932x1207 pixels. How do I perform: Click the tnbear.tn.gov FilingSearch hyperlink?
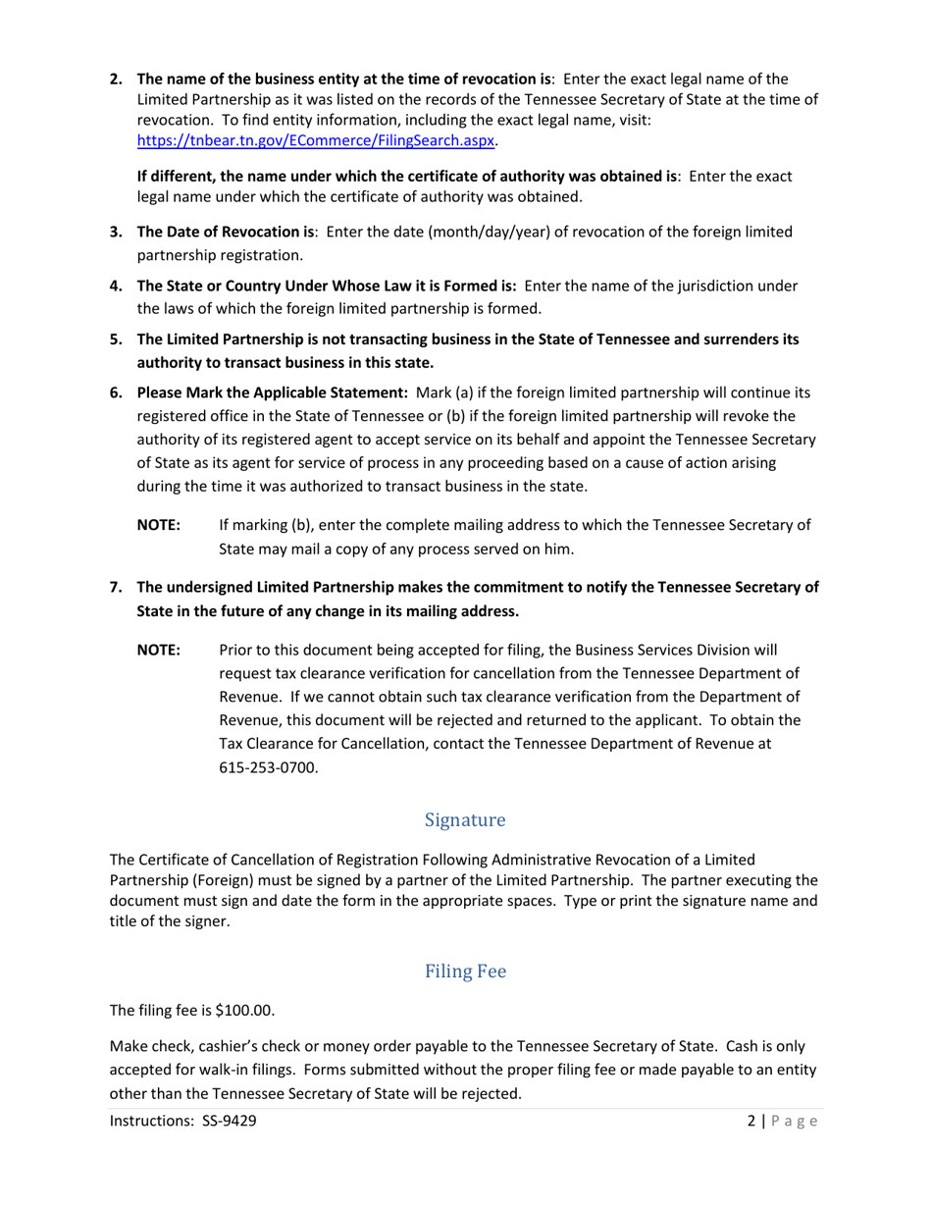[x=315, y=140]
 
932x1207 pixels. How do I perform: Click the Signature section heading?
[x=465, y=819]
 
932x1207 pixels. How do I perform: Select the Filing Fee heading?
[x=465, y=971]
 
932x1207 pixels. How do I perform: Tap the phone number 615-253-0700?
[x=268, y=767]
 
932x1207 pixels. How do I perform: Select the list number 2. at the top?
[x=116, y=79]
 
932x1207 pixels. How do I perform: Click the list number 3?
[x=116, y=232]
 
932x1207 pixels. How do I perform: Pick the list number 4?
[x=116, y=286]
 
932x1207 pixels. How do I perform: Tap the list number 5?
[x=116, y=339]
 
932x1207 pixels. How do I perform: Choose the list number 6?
[x=116, y=393]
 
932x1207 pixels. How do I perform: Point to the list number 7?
[x=116, y=587]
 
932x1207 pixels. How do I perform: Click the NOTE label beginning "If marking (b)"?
[x=158, y=525]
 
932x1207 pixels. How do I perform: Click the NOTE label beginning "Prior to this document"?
[x=158, y=650]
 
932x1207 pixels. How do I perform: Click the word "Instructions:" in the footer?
[x=151, y=1121]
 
